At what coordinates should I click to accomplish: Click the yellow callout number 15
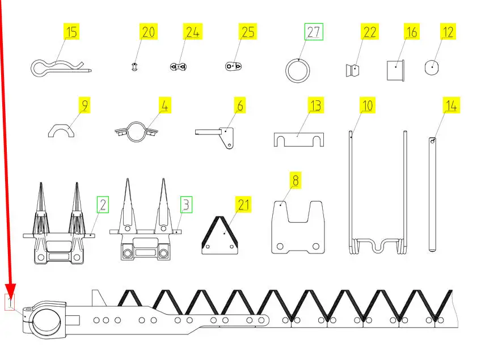click(71, 32)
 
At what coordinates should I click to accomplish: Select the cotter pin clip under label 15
click(61, 69)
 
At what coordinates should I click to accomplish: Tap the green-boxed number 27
click(314, 32)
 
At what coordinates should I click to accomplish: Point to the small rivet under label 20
click(134, 66)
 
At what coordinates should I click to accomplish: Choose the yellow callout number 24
click(193, 32)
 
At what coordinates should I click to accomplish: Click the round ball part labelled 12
click(432, 67)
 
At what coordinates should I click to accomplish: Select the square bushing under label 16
click(395, 70)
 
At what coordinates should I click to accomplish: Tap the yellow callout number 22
click(370, 32)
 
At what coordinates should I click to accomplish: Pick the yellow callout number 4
click(164, 105)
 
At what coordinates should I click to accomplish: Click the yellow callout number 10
click(367, 105)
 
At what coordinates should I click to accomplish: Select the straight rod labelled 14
click(432, 194)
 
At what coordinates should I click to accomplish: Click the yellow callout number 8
click(296, 180)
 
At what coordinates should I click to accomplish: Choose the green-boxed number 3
click(186, 205)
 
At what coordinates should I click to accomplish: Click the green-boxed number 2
click(103, 205)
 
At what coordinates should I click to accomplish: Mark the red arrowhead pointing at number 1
click(10, 291)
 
